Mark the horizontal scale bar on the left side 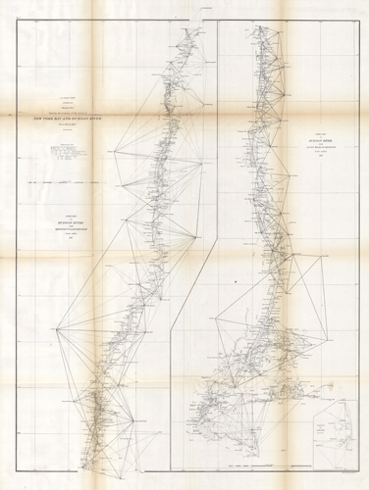(69, 182)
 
